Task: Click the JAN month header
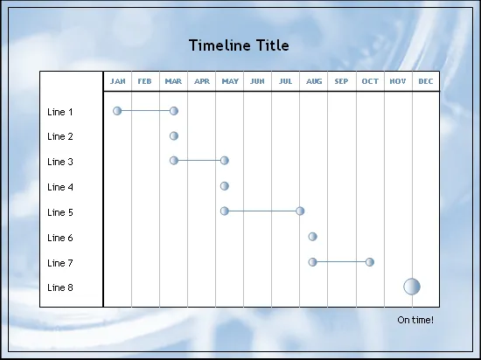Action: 118,81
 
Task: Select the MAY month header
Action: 230,81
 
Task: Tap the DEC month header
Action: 426,81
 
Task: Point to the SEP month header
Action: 341,81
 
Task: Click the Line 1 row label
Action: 60,112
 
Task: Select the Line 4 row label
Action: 60,187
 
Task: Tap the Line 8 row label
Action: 60,287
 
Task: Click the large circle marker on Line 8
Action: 412,287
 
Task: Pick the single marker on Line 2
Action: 174,135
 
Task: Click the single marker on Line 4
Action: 225,186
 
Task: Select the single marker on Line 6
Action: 312,237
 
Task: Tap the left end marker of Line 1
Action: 117,111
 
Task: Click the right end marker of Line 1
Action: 174,111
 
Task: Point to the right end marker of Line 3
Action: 225,160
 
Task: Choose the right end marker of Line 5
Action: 300,211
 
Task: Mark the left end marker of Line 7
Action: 312,262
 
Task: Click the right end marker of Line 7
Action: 370,262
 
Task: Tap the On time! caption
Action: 415,320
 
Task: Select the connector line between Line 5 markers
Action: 262,211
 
